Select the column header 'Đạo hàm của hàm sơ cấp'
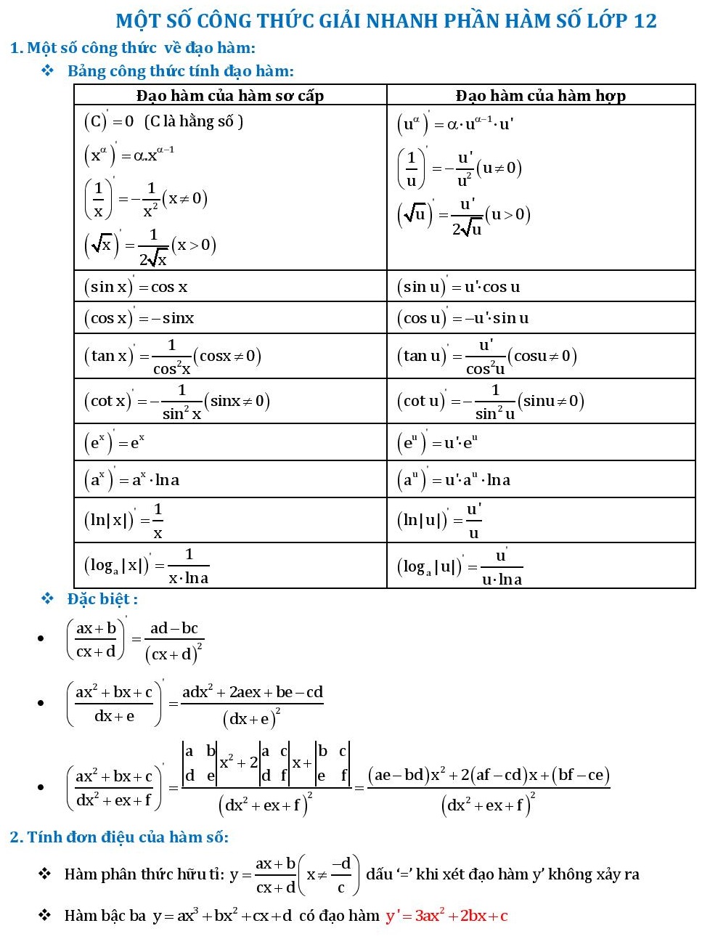pyautogui.click(x=229, y=95)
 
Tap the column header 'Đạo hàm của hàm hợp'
pyautogui.click(x=540, y=95)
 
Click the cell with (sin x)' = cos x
pyautogui.click(x=136, y=286)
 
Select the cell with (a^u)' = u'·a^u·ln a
pyautogui.click(x=454, y=479)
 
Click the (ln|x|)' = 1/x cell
pyautogui.click(x=123, y=520)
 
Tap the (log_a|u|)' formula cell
pyautogui.click(x=459, y=566)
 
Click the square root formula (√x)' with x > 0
pyautogui.click(x=150, y=245)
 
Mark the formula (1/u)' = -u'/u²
pyautogui.click(x=459, y=168)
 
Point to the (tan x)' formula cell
pyautogui.click(x=172, y=356)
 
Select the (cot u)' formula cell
pyautogui.click(x=490, y=401)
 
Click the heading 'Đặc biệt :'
pyautogui.click(x=102, y=599)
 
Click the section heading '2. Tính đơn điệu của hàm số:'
pyautogui.click(x=119, y=837)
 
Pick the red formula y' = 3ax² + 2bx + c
pyautogui.click(x=446, y=916)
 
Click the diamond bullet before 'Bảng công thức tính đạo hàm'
pyautogui.click(x=48, y=70)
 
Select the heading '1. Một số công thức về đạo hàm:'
pyautogui.click(x=133, y=48)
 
